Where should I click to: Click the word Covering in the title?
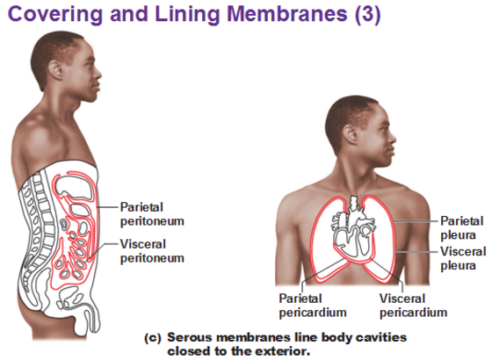54,15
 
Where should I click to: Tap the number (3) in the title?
367,14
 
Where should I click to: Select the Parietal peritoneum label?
152,214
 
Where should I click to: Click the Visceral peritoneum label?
152,251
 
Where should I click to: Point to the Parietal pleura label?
461,228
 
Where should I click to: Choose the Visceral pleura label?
463,258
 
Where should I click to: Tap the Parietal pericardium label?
313,306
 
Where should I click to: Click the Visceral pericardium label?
413,306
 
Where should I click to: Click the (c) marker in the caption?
153,338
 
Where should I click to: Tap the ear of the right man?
351,134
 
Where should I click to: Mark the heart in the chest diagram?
353,229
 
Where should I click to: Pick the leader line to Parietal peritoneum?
107,207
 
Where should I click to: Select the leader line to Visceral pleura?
416,251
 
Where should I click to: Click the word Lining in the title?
186,15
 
